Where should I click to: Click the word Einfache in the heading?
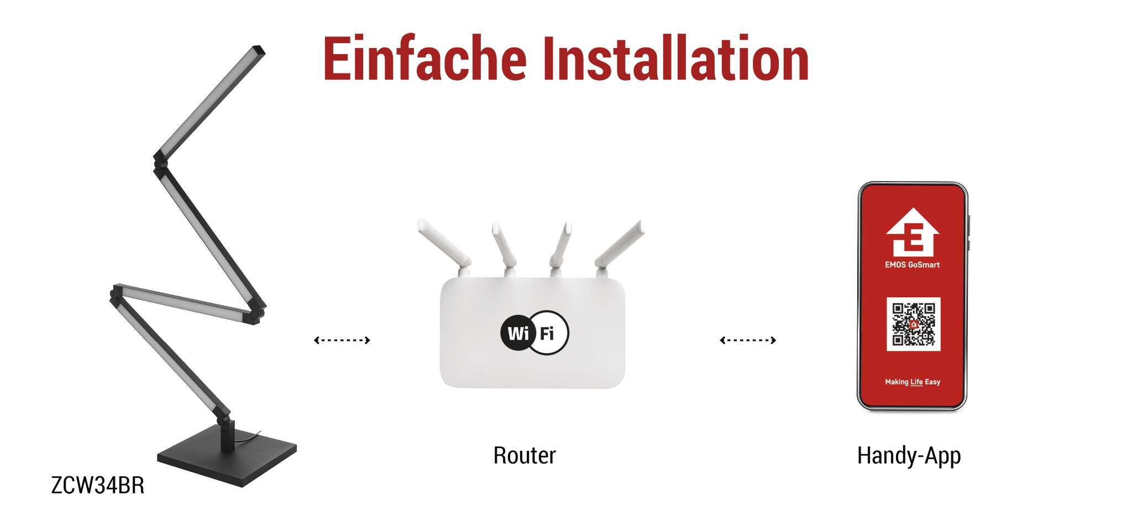pos(424,58)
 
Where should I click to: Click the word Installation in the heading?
pos(675,58)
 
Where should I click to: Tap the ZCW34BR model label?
pos(98,485)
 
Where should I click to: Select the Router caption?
pos(525,455)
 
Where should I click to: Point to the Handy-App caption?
pos(909,456)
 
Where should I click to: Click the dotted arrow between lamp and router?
pos(342,340)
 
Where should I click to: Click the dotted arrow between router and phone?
pos(748,340)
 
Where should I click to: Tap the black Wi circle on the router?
pos(518,333)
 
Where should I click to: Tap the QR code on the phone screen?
pos(913,324)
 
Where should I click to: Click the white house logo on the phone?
pos(913,232)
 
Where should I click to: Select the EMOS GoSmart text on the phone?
pos(912,265)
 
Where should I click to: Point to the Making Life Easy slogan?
pos(913,382)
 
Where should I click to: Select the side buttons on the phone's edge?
pos(969,232)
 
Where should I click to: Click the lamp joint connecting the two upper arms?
pos(160,161)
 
